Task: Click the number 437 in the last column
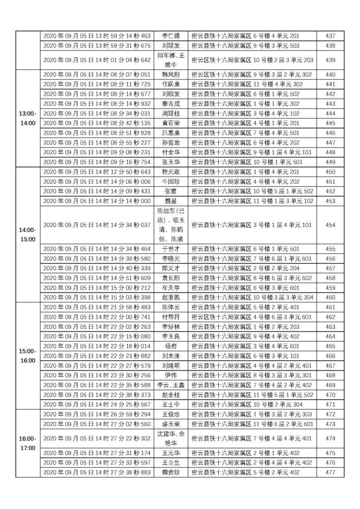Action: [x=329, y=36]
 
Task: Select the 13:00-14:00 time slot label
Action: [x=24, y=119]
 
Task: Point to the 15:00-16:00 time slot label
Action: [x=24, y=356]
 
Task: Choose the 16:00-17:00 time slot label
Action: [x=24, y=443]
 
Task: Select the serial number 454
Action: [x=329, y=225]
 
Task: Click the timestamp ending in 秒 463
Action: [x=97, y=36]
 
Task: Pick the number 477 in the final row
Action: [x=329, y=472]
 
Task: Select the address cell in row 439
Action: [x=252, y=60]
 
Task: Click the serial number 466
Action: [x=329, y=356]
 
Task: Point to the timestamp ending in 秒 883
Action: [x=97, y=472]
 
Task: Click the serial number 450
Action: [x=329, y=172]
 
